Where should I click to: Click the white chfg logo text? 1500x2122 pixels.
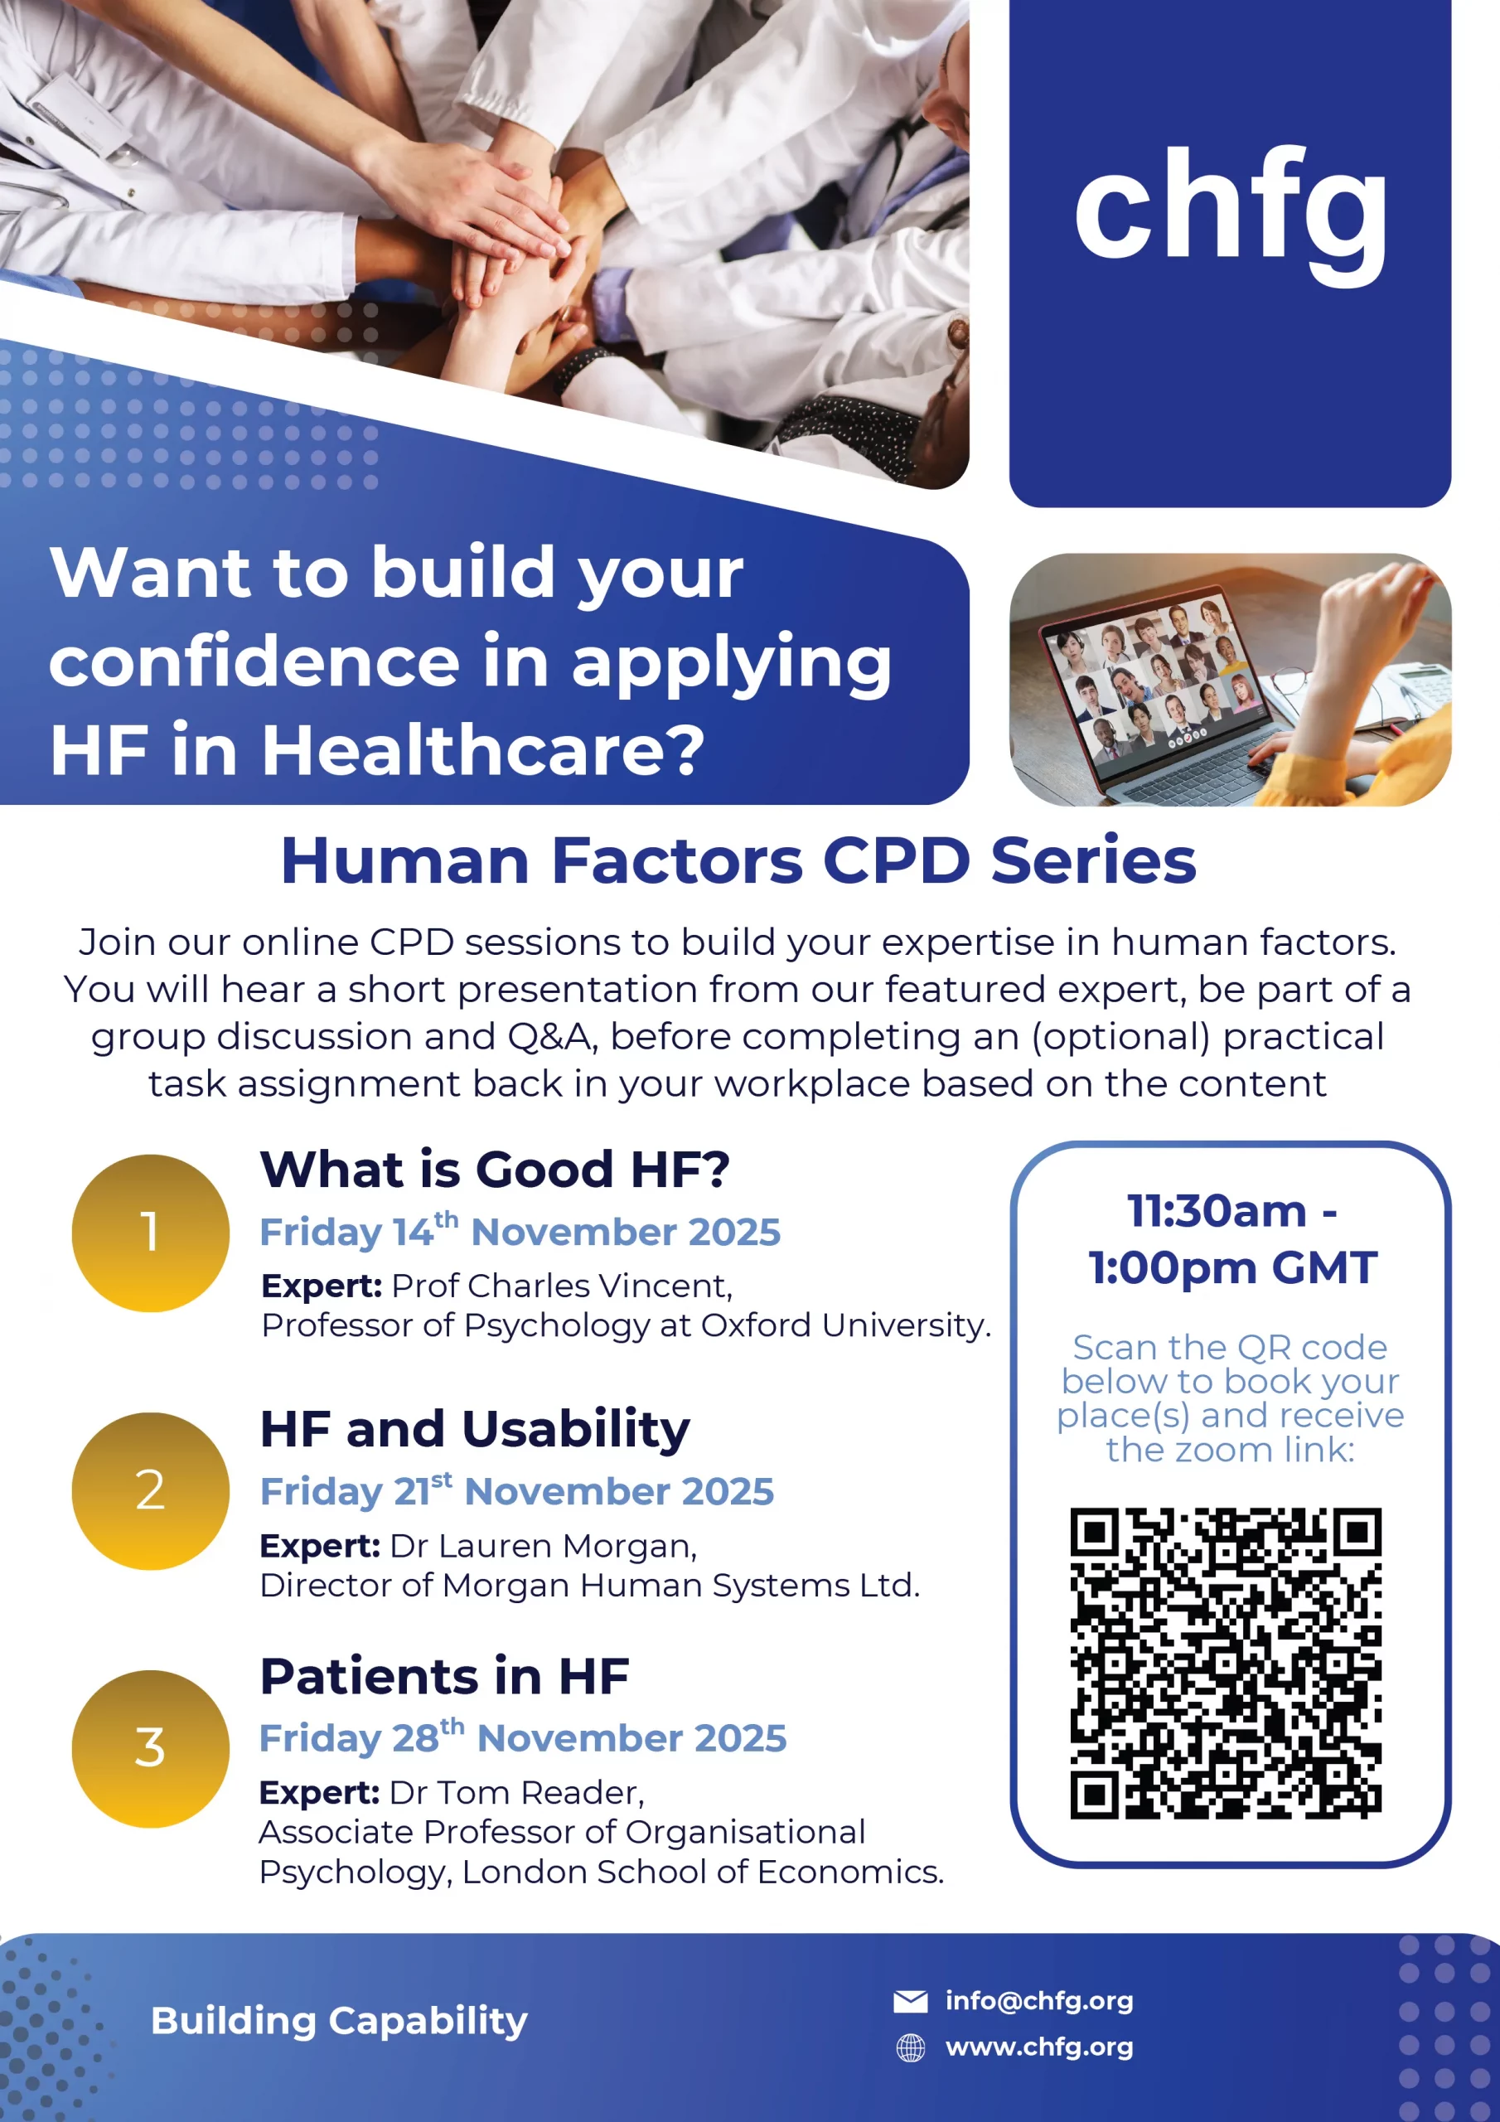pos(1230,215)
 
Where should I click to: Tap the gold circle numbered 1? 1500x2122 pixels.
pos(151,1233)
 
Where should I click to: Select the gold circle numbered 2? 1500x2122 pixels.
pos(151,1490)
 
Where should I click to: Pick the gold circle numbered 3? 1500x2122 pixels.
pos(151,1749)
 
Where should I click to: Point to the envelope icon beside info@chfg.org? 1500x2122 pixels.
pos(910,2001)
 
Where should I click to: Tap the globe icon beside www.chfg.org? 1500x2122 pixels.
pos(910,2048)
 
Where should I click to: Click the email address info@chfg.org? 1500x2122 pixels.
pos(1039,2001)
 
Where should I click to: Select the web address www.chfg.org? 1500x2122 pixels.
pos(1039,2047)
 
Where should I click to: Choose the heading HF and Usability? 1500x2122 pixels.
pos(475,1430)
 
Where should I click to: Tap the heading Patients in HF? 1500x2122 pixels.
pos(444,1677)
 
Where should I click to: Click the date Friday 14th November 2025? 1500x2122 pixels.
pos(520,1230)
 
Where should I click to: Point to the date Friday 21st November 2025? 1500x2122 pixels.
pos(516,1490)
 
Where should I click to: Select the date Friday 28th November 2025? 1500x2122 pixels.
pos(523,1737)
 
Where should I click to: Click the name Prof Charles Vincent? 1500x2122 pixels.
pos(562,1286)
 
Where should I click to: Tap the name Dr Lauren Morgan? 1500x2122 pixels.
pos(544,1545)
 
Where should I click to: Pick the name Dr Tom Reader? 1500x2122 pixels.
pos(516,1792)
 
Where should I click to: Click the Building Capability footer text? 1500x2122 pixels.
pos(339,2021)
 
